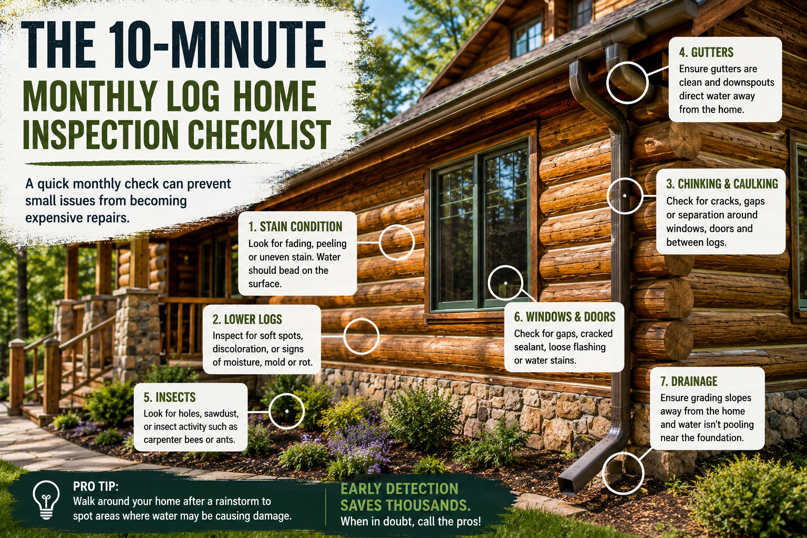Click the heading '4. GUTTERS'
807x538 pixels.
706,53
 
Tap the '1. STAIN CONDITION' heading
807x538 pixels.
295,226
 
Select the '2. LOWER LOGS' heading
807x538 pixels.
247,319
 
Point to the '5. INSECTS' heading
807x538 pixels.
170,397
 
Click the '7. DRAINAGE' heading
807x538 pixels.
689,381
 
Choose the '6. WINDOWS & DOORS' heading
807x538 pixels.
565,317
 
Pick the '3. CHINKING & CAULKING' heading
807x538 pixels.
722,184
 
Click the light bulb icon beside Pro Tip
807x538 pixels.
46,500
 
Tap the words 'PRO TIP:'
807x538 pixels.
96,487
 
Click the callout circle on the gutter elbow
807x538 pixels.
627,83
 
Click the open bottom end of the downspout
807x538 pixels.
566,487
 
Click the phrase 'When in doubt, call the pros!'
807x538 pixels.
411,521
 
